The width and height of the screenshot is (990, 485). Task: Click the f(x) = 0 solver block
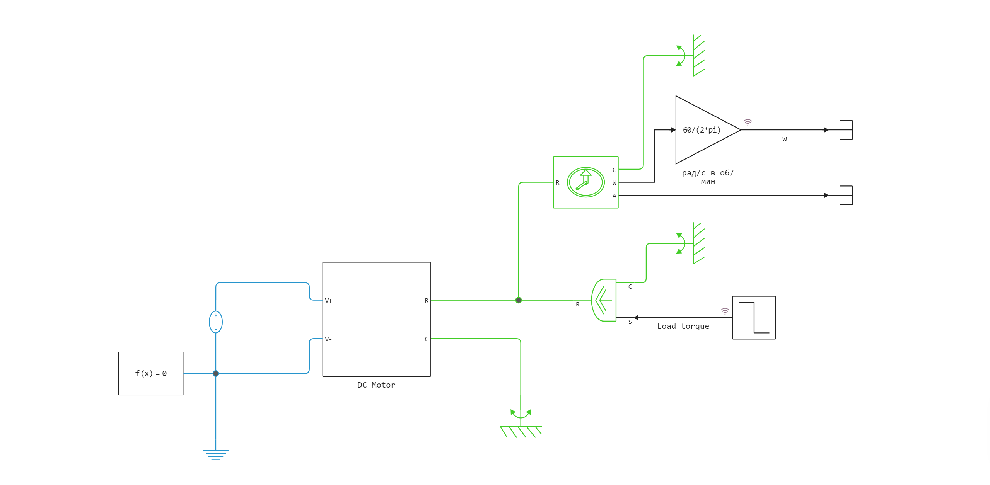tap(150, 373)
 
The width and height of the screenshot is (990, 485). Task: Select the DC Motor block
tap(376, 319)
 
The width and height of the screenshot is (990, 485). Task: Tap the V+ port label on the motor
tap(329, 300)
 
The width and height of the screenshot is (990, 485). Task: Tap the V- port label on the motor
tap(328, 339)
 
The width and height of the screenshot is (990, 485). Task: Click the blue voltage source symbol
tap(216, 322)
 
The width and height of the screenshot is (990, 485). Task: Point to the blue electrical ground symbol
tap(216, 454)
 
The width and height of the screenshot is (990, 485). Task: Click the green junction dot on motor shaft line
tap(519, 300)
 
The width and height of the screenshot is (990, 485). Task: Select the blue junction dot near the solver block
tap(216, 373)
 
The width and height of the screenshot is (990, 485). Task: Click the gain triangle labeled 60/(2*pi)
tap(702, 130)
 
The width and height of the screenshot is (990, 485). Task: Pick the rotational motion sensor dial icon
tap(585, 182)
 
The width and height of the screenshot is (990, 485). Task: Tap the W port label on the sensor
tap(614, 183)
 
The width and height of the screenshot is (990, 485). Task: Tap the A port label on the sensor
tap(614, 196)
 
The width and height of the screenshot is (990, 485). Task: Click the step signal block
tap(754, 318)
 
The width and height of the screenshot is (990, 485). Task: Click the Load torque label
tap(683, 326)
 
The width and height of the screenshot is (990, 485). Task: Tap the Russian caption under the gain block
tap(708, 177)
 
